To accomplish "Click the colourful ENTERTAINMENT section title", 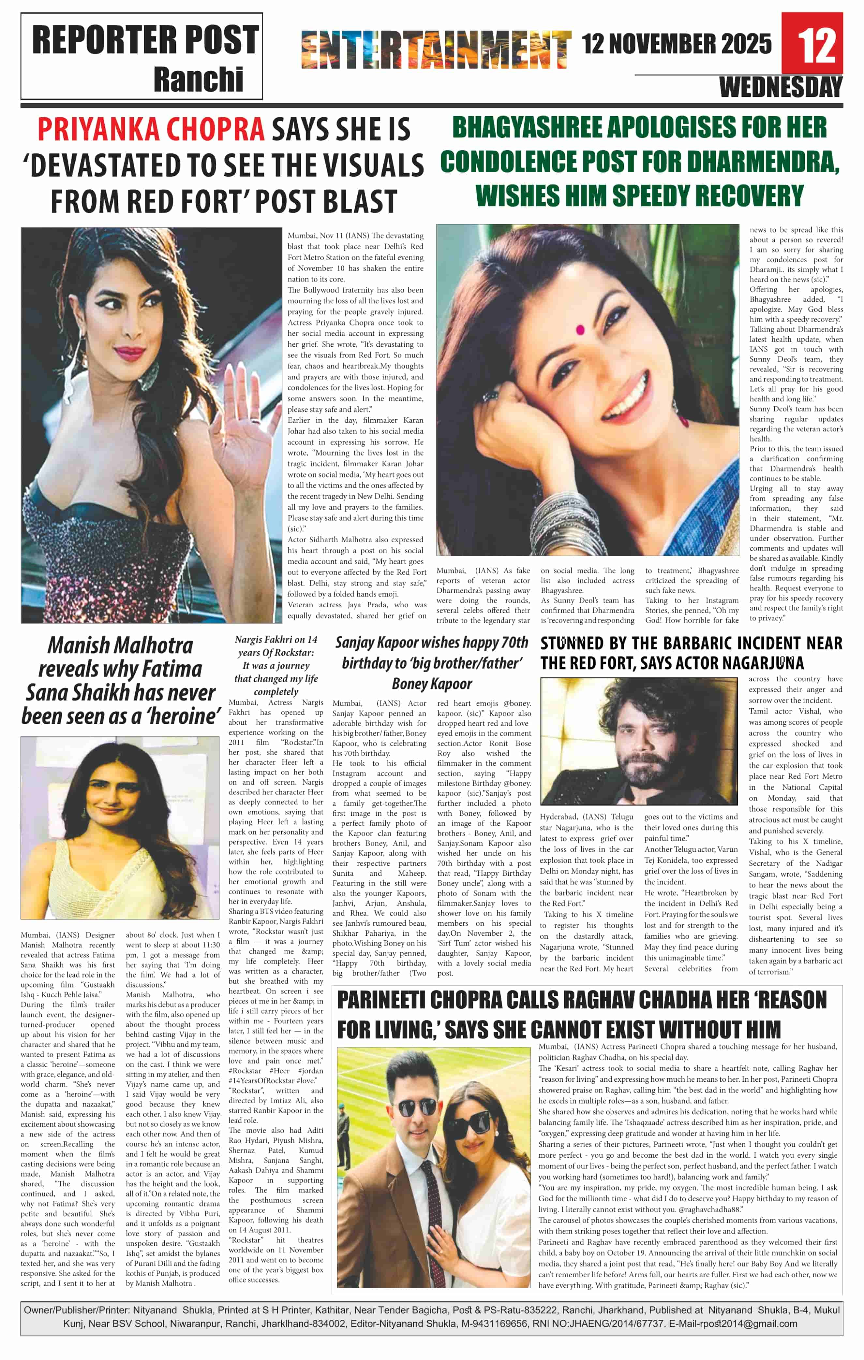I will tap(436, 50).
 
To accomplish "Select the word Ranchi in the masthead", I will tap(198, 80).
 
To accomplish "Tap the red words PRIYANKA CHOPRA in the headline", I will tap(151, 129).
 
